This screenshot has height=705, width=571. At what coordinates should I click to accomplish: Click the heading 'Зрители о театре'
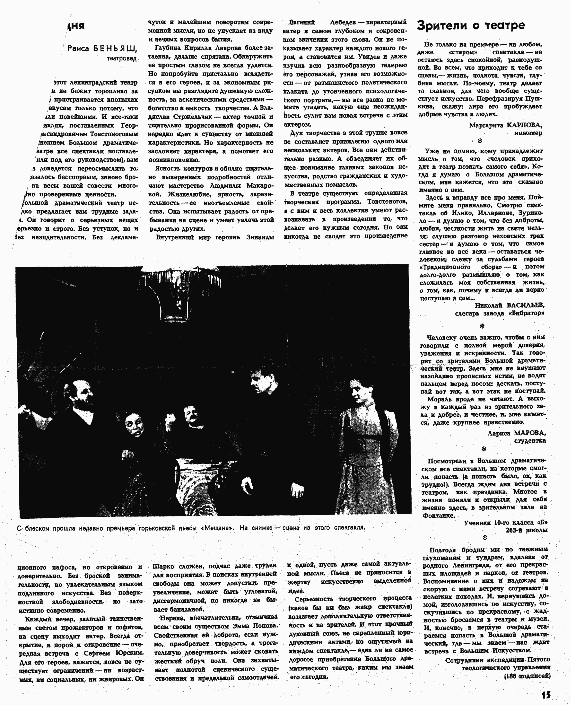click(471, 25)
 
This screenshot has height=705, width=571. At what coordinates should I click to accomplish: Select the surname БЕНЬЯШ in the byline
click(115, 49)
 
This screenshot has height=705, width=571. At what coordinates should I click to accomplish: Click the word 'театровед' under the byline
click(121, 58)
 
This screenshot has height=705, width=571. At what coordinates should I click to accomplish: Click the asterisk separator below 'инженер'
click(480, 141)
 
